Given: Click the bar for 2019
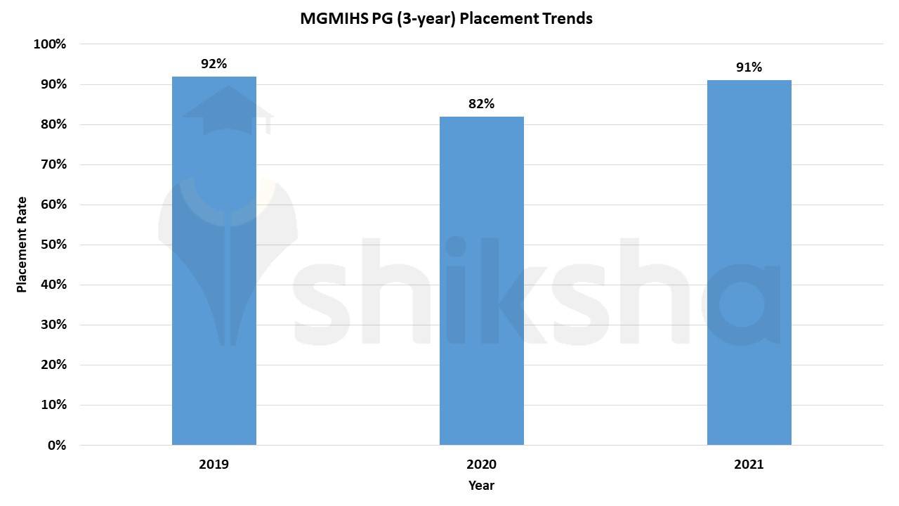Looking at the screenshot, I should (x=214, y=260).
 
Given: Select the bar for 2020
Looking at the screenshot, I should (x=481, y=280).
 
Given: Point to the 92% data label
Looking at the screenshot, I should (x=214, y=64).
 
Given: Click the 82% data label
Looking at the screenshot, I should (x=481, y=104).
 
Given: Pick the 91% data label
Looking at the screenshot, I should (x=749, y=67).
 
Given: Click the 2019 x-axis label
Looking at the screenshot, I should (x=214, y=465).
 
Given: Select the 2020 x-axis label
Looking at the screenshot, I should (x=481, y=465).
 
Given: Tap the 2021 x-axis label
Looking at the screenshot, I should (x=749, y=465).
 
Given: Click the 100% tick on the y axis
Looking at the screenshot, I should (x=50, y=44).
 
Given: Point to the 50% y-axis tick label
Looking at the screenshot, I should (x=53, y=245).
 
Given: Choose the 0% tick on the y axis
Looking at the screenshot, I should (x=56, y=445).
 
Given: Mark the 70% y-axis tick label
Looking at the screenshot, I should (x=53, y=164).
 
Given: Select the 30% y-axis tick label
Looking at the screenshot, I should (x=53, y=325).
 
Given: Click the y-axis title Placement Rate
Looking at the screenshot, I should (x=22, y=245).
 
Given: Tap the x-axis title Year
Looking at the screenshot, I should (x=481, y=486).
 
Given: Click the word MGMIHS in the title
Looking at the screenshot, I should (x=329, y=19).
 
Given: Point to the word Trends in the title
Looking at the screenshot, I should (x=567, y=19).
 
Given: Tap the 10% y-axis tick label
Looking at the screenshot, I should (x=53, y=405).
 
